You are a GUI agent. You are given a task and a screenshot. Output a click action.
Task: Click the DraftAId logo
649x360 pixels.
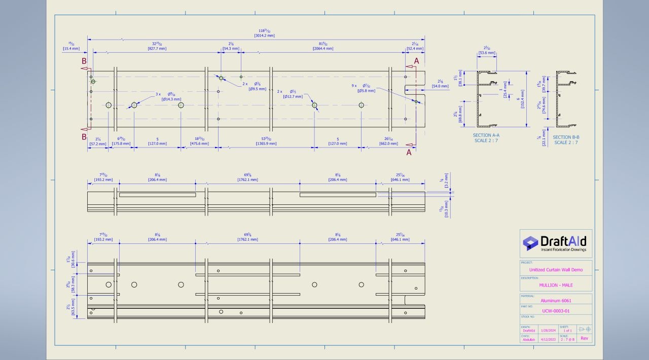pyautogui.click(x=556, y=242)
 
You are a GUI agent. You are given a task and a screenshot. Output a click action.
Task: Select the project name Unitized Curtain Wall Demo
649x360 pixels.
pyautogui.click(x=556, y=270)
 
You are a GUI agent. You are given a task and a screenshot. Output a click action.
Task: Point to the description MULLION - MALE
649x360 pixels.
pyautogui.click(x=556, y=285)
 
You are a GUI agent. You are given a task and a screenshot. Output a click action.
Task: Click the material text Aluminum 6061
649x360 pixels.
pyautogui.click(x=556, y=301)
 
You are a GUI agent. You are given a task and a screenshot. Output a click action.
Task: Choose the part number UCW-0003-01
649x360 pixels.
pyautogui.click(x=556, y=311)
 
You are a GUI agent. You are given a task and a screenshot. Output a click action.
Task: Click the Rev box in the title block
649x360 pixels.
pyautogui.click(x=584, y=338)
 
